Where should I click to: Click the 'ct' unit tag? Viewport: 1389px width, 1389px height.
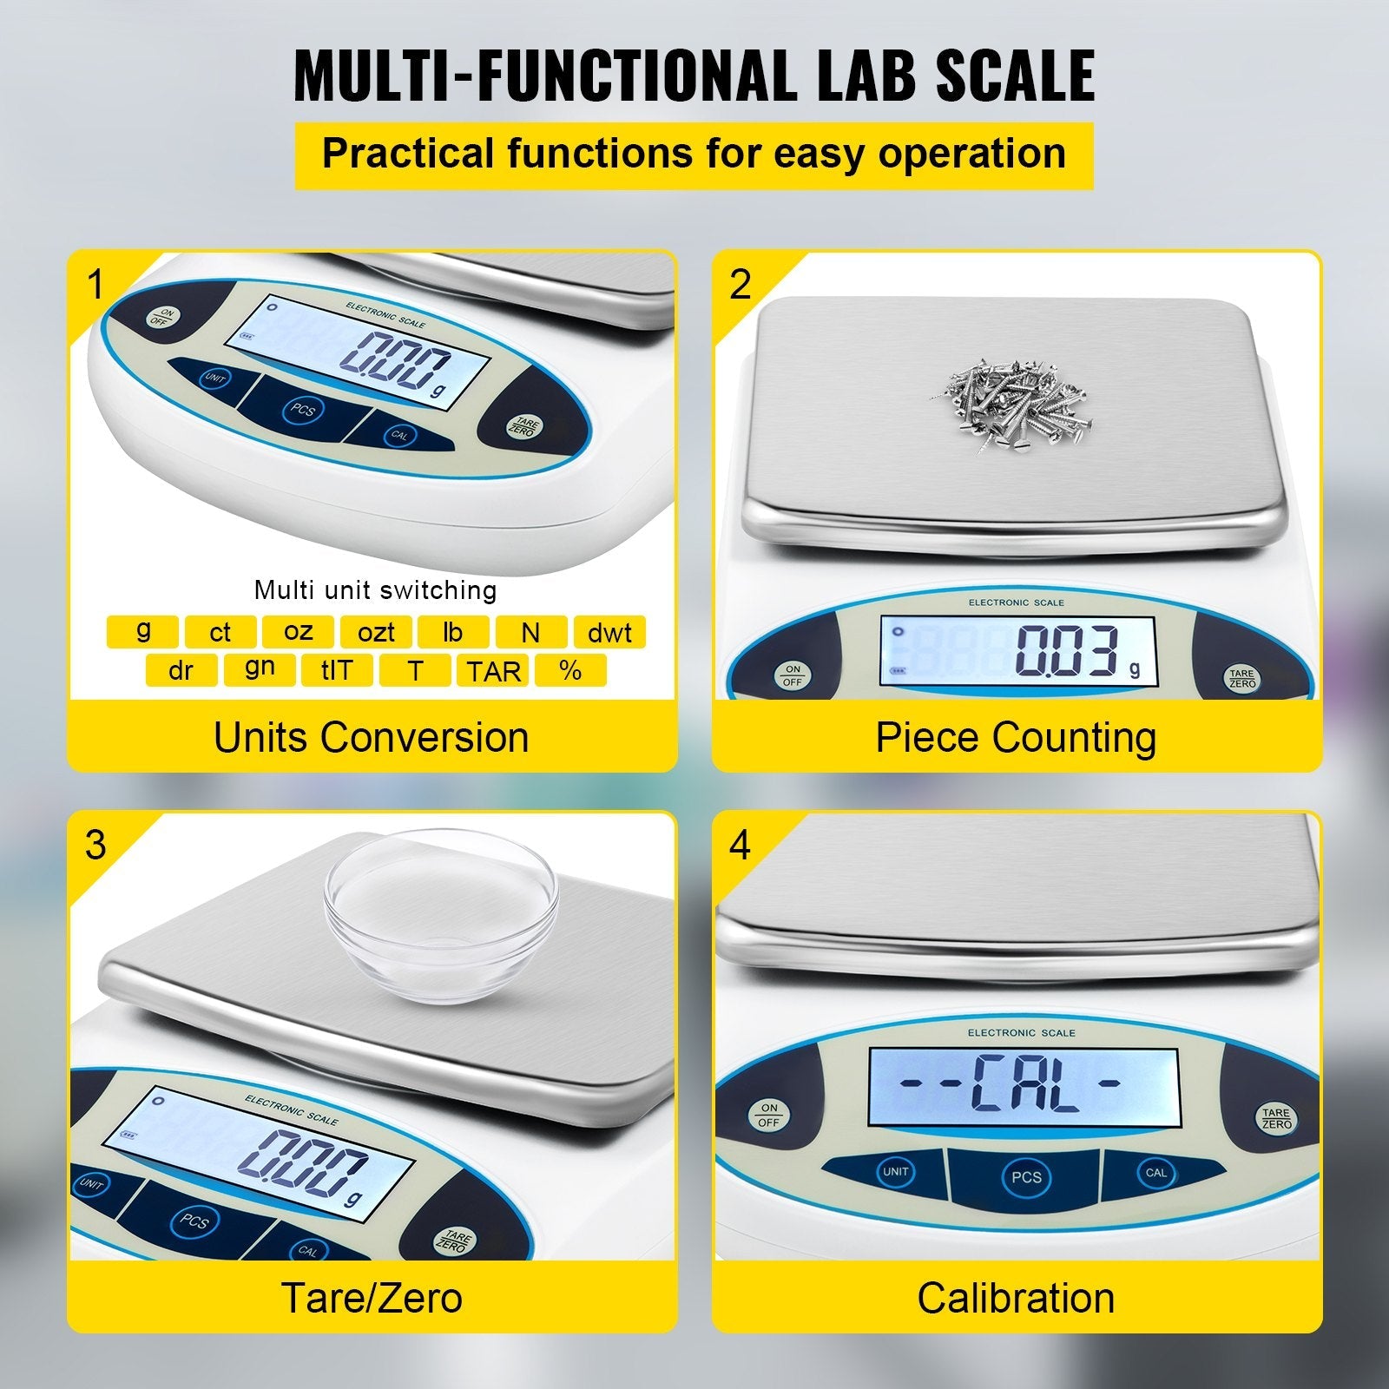click(x=221, y=632)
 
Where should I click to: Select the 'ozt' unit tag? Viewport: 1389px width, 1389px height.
click(x=376, y=632)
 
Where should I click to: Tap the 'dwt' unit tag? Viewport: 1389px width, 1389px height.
click(x=609, y=632)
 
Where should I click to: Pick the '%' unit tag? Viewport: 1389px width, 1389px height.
click(x=570, y=670)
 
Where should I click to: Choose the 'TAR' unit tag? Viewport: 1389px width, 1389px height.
click(x=493, y=670)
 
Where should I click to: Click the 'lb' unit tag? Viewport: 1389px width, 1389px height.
click(x=453, y=632)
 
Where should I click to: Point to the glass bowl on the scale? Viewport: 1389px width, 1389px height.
click(x=441, y=915)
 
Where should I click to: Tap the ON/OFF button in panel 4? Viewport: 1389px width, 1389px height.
click(x=769, y=1115)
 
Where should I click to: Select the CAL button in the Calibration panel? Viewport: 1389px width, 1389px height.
click(x=1155, y=1173)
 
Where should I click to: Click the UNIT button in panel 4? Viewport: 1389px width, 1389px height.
click(x=895, y=1172)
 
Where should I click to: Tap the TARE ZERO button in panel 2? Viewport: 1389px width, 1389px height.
click(x=1242, y=678)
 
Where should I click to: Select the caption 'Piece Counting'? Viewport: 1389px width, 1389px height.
click(x=1016, y=738)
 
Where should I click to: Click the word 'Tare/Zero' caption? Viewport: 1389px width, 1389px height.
click(x=372, y=1298)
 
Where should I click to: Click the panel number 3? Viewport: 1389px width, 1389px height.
click(x=96, y=845)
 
